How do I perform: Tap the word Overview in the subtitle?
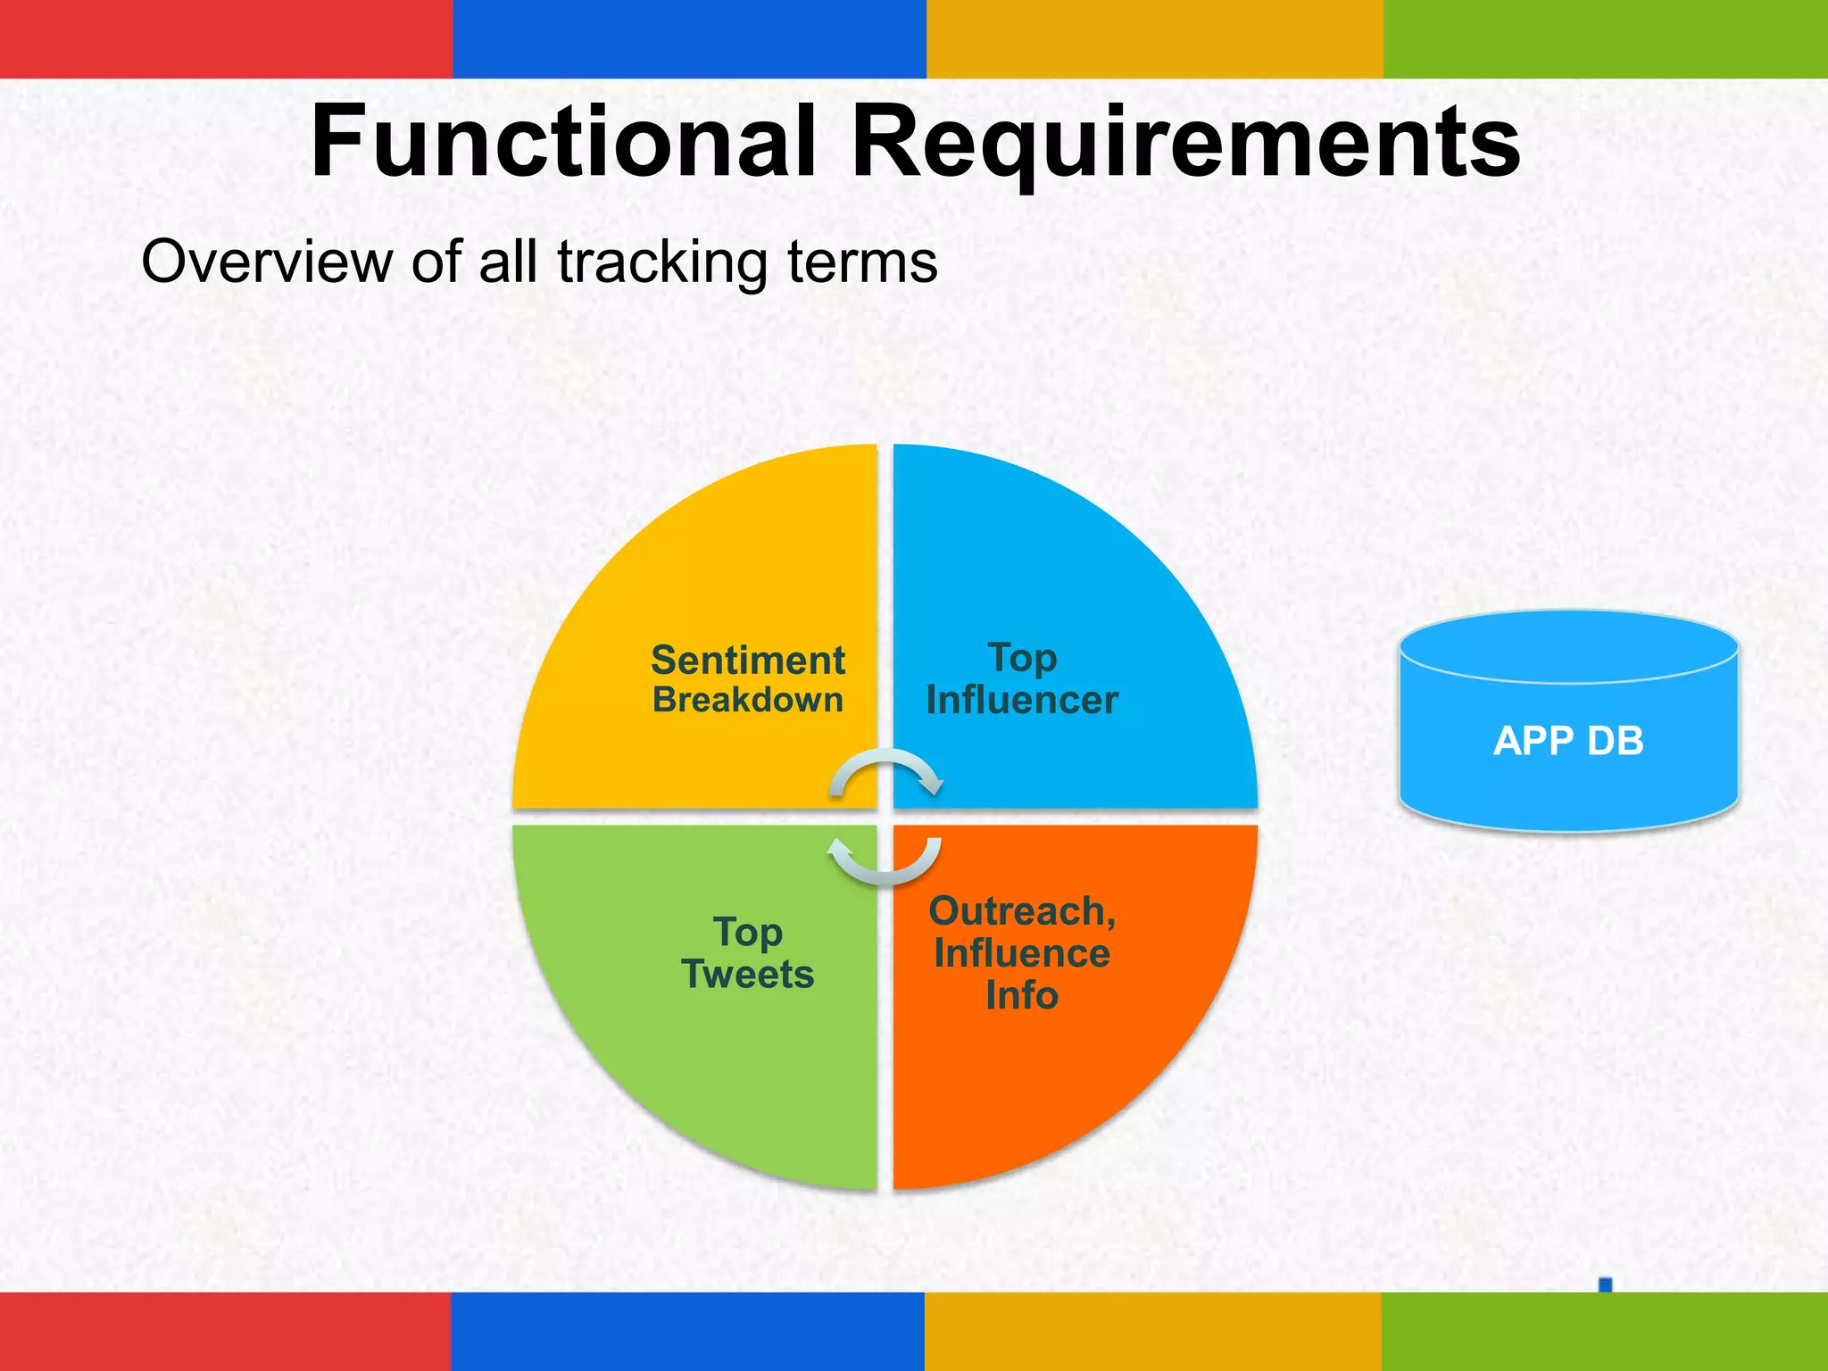point(267,262)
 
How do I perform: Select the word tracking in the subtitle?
point(661,262)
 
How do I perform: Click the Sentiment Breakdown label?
point(748,679)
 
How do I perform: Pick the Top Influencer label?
point(1022,679)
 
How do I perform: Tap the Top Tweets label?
point(748,953)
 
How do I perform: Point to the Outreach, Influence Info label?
point(1022,953)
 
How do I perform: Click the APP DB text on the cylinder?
point(1568,741)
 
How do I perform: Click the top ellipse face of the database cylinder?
point(1568,647)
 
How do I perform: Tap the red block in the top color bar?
point(226,38)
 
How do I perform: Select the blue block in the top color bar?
point(689,38)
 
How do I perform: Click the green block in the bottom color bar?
point(1604,1331)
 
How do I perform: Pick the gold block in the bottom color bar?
point(1152,1331)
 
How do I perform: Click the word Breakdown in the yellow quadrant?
point(748,700)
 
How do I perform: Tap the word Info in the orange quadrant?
point(1022,995)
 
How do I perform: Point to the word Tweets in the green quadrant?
point(748,975)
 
